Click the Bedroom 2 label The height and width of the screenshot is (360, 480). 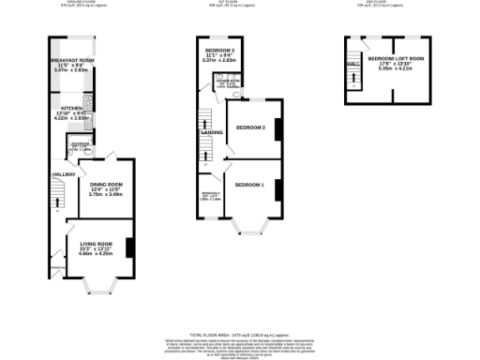click(x=250, y=127)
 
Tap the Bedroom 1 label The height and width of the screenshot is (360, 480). click(x=249, y=185)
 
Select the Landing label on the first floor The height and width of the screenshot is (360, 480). click(x=211, y=133)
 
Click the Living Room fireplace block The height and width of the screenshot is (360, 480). click(x=128, y=246)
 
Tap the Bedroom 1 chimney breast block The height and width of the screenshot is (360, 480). click(x=277, y=186)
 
